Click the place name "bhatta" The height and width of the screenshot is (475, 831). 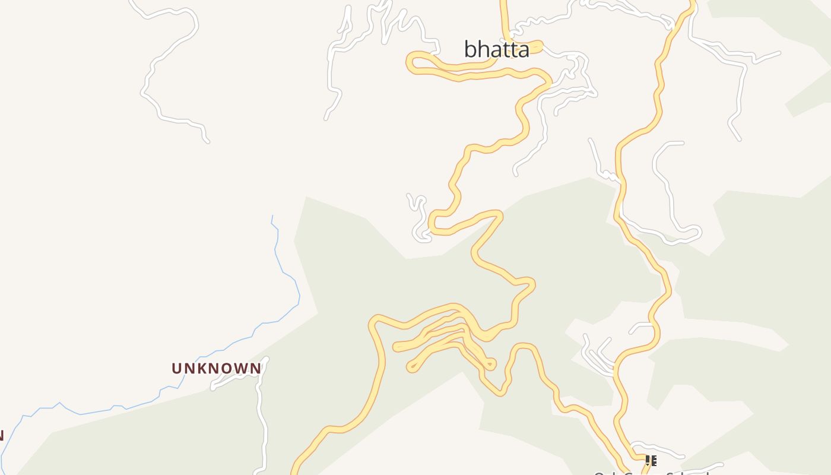click(x=496, y=49)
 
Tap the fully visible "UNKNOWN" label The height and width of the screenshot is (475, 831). click(x=216, y=369)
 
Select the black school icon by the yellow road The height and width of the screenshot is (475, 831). click(x=651, y=461)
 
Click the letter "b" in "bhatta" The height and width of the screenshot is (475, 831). click(x=471, y=49)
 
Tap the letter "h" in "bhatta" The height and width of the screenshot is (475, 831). click(x=484, y=49)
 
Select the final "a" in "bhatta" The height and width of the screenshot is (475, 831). click(x=523, y=50)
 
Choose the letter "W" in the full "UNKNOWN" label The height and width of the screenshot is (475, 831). click(x=242, y=369)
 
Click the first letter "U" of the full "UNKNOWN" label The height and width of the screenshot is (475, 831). click(x=176, y=369)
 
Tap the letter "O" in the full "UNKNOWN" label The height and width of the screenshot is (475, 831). click(x=229, y=369)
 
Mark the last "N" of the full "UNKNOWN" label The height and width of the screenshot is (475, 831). click(x=256, y=369)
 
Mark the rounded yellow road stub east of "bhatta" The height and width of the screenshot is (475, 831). click(x=538, y=45)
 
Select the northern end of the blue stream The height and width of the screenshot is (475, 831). click(x=272, y=217)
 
